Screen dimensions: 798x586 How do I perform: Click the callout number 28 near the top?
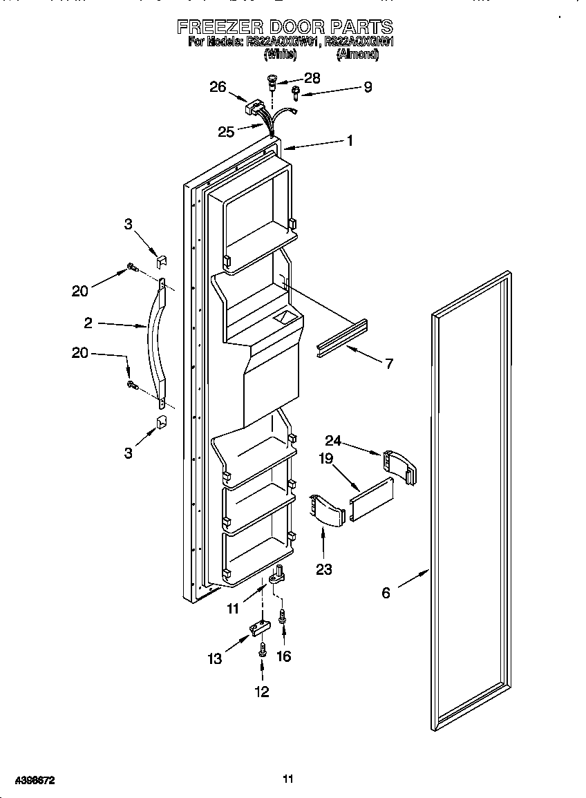tap(312, 78)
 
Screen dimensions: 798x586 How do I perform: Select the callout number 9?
tap(368, 87)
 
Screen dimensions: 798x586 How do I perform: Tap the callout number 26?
tap(218, 87)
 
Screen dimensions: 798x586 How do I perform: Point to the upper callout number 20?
tap(80, 291)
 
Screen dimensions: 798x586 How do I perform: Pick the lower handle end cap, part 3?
tap(161, 421)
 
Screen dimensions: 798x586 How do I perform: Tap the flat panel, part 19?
tap(371, 498)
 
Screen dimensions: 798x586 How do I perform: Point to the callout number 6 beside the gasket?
tap(386, 592)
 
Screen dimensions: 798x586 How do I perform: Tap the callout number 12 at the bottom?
tap(262, 692)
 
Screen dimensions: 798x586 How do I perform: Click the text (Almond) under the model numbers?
tap(357, 55)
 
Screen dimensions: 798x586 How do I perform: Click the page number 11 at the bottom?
tap(288, 779)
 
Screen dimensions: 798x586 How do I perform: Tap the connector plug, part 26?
tap(255, 109)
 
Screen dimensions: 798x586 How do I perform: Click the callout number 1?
tap(350, 140)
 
